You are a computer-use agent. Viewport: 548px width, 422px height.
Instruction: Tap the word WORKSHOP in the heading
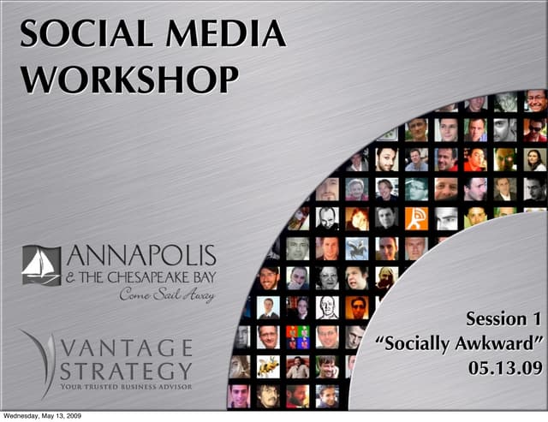click(128, 80)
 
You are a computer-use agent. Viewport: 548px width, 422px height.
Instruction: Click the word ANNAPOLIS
click(141, 256)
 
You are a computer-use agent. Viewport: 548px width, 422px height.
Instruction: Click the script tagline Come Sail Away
click(167, 295)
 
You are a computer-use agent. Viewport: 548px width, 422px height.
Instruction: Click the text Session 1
click(503, 320)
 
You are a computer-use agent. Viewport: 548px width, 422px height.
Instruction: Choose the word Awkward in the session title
click(496, 345)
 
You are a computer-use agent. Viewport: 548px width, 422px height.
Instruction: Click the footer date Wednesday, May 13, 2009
click(42, 416)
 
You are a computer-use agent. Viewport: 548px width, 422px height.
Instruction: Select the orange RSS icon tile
click(416, 218)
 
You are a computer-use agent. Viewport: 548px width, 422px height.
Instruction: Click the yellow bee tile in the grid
click(268, 366)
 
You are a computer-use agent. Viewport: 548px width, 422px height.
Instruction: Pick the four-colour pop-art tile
click(298, 336)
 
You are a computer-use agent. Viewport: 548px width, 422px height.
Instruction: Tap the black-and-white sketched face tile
click(327, 306)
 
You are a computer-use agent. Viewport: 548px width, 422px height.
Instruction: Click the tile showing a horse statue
click(357, 248)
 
